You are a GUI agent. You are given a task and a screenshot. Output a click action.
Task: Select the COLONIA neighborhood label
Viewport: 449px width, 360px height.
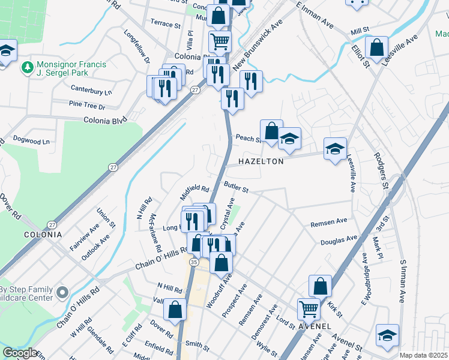[43, 234]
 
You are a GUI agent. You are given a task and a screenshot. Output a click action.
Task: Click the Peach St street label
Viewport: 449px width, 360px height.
[247, 138]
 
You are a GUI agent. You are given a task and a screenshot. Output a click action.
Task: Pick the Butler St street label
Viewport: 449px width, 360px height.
[237, 188]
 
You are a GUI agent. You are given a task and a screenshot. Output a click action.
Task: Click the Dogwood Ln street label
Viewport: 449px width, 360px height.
[31, 141]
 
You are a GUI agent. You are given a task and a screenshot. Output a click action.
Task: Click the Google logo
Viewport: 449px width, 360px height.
[20, 353]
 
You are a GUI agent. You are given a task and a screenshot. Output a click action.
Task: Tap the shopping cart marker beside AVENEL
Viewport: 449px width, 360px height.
[309, 310]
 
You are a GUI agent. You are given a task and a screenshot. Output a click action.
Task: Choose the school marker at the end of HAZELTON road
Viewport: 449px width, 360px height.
[335, 148]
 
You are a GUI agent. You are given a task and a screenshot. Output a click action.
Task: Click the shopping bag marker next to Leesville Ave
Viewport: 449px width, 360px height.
[376, 48]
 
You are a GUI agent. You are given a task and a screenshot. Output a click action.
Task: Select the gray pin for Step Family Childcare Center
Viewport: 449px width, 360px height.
[62, 293]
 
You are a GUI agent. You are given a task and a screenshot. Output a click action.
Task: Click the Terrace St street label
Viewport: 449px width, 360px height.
[165, 26]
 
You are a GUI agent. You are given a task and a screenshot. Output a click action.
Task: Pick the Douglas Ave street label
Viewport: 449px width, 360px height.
[339, 241]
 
